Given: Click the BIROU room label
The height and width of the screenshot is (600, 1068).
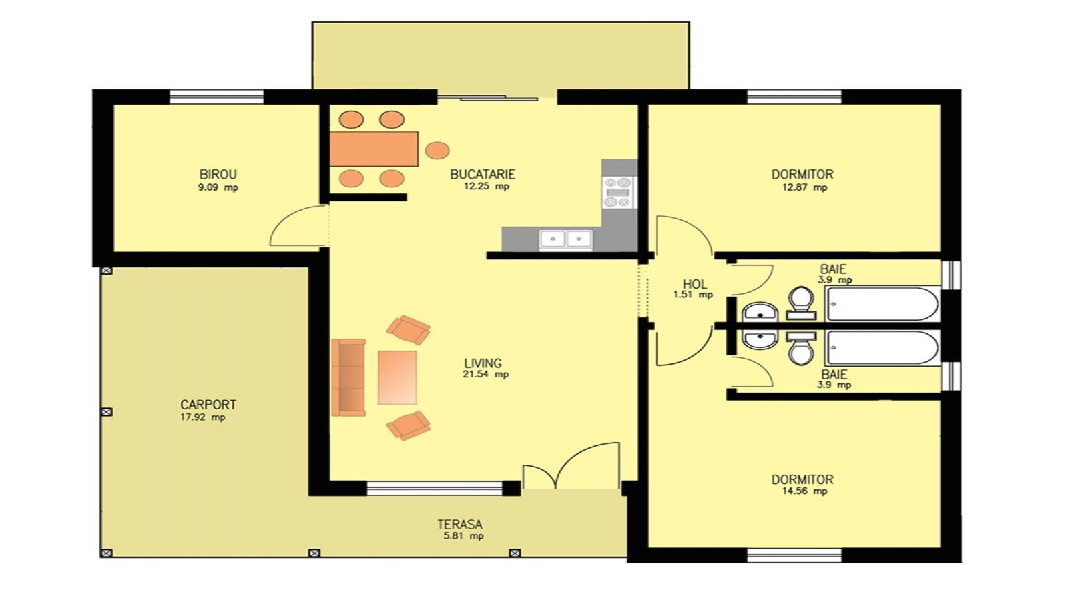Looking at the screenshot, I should tap(218, 174).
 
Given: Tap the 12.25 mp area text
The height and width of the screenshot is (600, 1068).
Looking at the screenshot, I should tap(486, 187).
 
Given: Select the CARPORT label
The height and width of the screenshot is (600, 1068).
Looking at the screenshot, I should tap(208, 405).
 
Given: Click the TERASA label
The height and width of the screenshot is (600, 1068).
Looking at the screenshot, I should tap(459, 525).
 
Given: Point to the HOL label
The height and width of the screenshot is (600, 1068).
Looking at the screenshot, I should tap(694, 285).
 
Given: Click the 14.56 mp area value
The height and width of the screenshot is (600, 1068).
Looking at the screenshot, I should tap(804, 491).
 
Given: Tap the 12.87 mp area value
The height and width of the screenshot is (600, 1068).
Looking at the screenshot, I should tap(804, 187).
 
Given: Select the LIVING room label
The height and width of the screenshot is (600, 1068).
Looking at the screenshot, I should tap(483, 363).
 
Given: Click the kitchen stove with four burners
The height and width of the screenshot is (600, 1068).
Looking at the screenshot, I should tap(619, 192).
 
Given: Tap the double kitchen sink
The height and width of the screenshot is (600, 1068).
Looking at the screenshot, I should tap(566, 239).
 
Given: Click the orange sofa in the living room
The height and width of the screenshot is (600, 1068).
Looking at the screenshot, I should tap(348, 377).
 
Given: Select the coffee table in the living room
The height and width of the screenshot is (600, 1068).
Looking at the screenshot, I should tap(397, 377).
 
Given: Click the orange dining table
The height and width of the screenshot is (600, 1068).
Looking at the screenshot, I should tap(374, 149).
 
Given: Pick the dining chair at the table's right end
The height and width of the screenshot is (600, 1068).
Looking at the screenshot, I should tap(437, 150).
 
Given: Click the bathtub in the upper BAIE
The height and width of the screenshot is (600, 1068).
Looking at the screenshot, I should tap(882, 304).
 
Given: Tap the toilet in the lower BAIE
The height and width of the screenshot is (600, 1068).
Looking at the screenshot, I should tap(800, 347).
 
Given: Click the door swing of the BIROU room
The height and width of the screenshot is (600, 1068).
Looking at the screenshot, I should tap(297, 227).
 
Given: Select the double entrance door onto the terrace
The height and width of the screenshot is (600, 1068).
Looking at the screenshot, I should tap(571, 467).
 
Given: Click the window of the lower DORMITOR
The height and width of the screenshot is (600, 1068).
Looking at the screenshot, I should tap(794, 555).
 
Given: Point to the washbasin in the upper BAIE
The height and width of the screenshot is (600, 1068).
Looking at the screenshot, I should tap(760, 313).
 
